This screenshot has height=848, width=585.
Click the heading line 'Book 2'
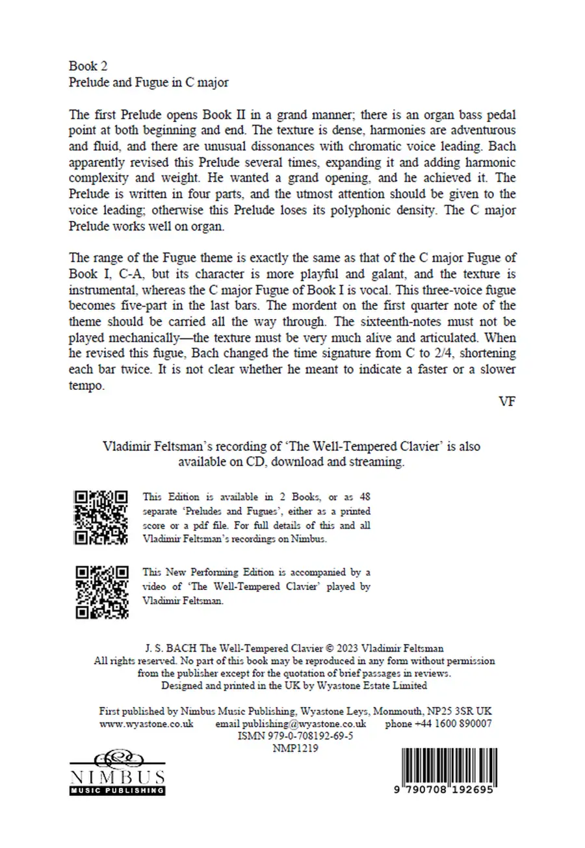point(83,66)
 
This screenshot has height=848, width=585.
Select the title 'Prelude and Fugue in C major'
point(149,83)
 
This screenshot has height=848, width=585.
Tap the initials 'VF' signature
point(507,402)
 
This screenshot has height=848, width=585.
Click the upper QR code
point(101,518)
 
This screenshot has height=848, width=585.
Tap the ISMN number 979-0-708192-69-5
point(296,736)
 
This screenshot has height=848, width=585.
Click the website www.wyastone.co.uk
point(146,724)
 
